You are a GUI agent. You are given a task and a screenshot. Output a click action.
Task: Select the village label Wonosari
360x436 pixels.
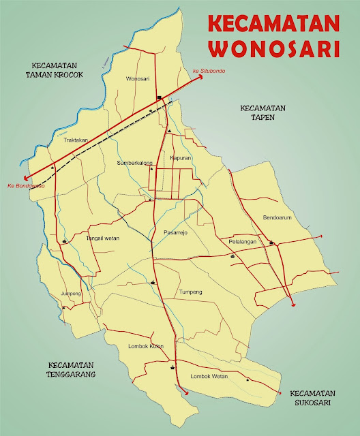(x=138, y=79)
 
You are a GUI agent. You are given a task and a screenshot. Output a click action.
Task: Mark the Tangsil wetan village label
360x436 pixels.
(x=103, y=238)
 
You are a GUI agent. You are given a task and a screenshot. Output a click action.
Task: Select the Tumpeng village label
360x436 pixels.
(x=190, y=292)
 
